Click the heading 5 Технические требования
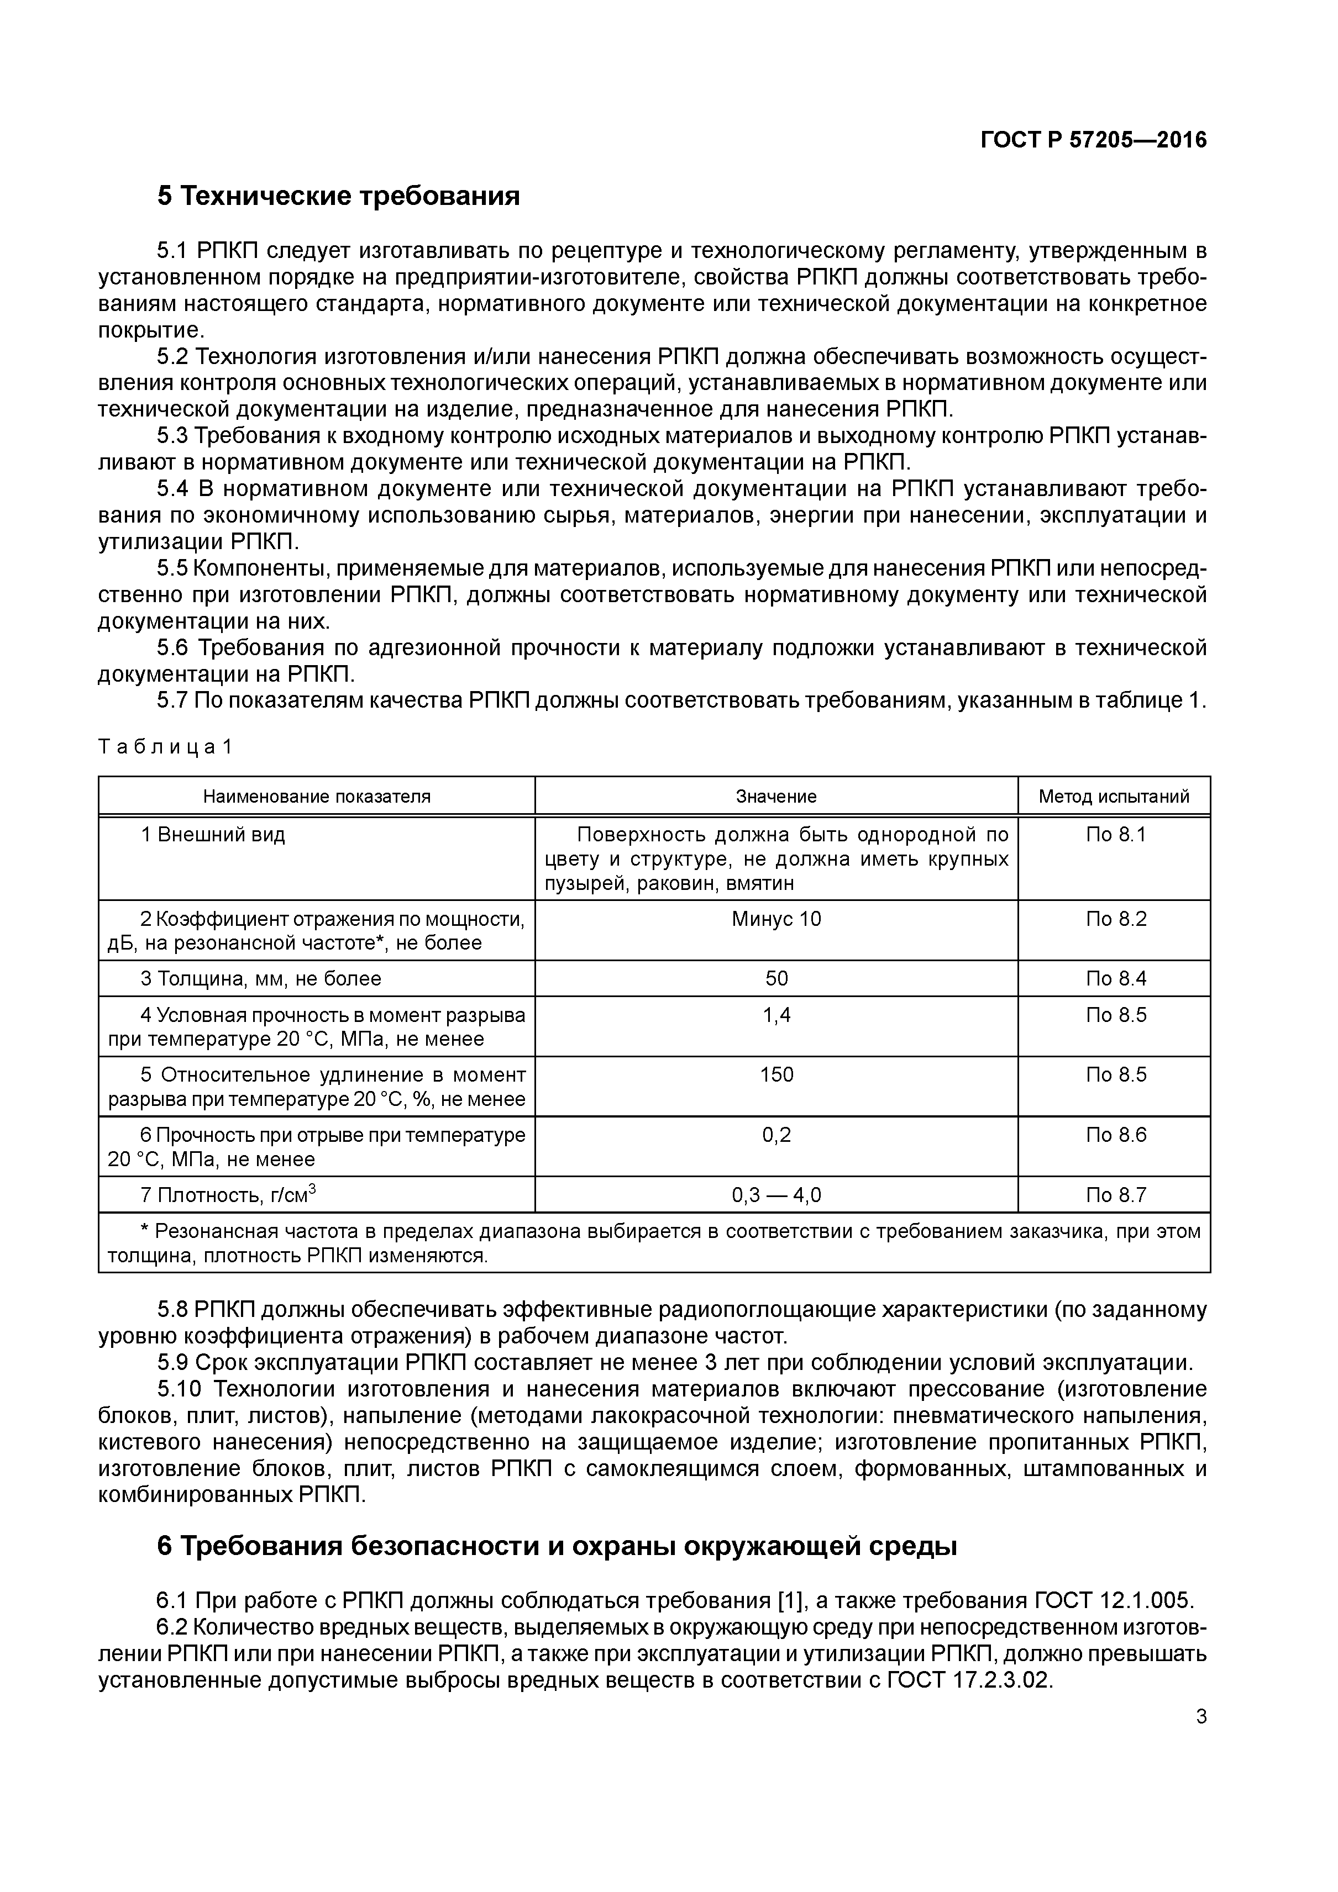338,196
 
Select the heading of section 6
557,1547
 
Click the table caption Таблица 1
165,747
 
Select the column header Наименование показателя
317,796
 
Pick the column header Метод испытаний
1114,796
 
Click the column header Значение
776,796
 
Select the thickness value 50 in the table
776,978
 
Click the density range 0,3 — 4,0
776,1195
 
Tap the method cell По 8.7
1115,1195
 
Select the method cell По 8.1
1115,835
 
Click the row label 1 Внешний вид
213,835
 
